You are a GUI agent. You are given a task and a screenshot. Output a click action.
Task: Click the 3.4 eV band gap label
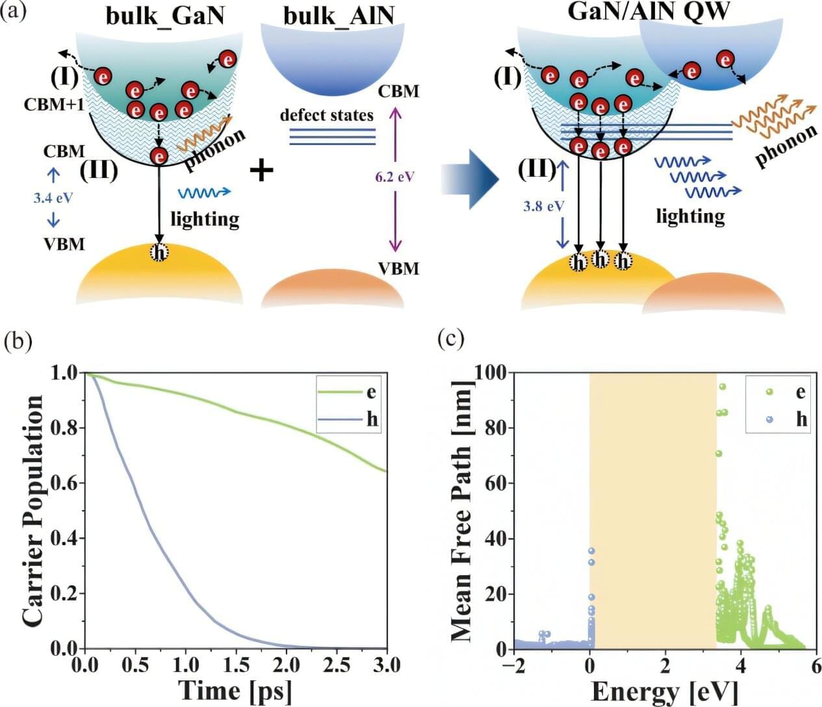tap(53, 198)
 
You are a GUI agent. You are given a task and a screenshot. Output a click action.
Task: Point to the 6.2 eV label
tap(395, 176)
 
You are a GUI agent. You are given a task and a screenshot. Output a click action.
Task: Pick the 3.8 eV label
tap(544, 206)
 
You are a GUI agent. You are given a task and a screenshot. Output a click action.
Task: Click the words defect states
tap(327, 116)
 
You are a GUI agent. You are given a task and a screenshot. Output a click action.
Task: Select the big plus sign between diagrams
tap(261, 171)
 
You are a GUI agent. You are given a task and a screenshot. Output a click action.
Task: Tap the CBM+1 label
tap(54, 104)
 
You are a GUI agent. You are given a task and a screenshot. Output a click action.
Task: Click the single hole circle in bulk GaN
tap(159, 252)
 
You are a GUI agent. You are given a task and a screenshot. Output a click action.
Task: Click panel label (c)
tap(450, 339)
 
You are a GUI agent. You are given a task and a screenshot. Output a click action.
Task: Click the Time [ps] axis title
tap(235, 690)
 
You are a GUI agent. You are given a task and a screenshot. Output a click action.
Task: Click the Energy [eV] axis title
tap(664, 691)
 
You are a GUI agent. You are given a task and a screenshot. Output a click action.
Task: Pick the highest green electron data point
tap(722, 387)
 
